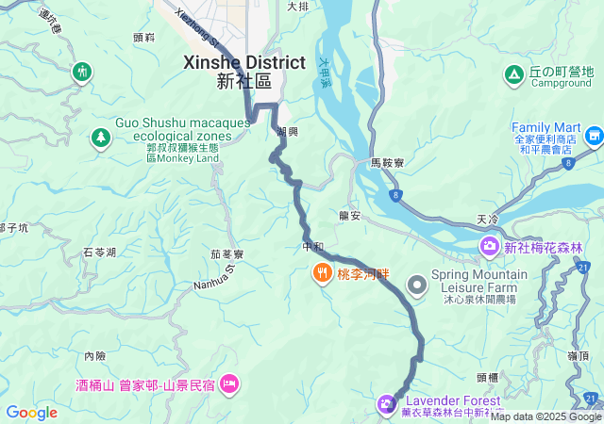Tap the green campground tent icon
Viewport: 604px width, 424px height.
pyautogui.click(x=513, y=73)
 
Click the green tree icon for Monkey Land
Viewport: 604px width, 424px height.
pyautogui.click(x=99, y=139)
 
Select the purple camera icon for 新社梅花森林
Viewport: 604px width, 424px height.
pyautogui.click(x=489, y=248)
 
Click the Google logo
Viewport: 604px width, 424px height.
pyautogui.click(x=32, y=413)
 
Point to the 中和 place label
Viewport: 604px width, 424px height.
pyautogui.click(x=312, y=247)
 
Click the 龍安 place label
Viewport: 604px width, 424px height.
pyautogui.click(x=350, y=216)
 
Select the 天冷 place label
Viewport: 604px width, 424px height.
pyautogui.click(x=487, y=220)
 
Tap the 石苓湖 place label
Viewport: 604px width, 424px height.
pyautogui.click(x=99, y=253)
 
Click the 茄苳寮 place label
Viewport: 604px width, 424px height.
pyautogui.click(x=226, y=254)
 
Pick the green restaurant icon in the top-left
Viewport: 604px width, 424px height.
pyautogui.click(x=82, y=71)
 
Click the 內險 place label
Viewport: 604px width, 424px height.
pyautogui.click(x=95, y=356)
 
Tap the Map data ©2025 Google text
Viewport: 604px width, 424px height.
pyautogui.click(x=545, y=416)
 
